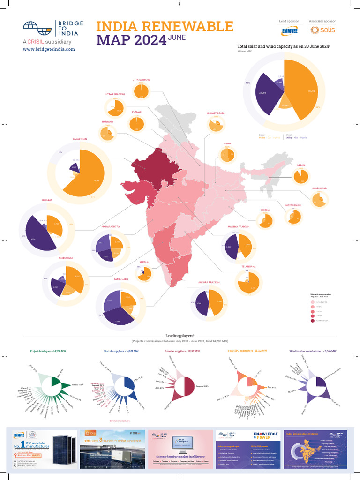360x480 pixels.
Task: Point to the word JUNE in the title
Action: click(178, 37)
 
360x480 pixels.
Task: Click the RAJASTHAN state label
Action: click(80, 139)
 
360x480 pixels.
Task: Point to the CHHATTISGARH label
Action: click(216, 113)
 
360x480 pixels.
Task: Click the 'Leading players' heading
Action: click(180, 336)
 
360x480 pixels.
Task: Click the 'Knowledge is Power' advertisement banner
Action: click(247, 449)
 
